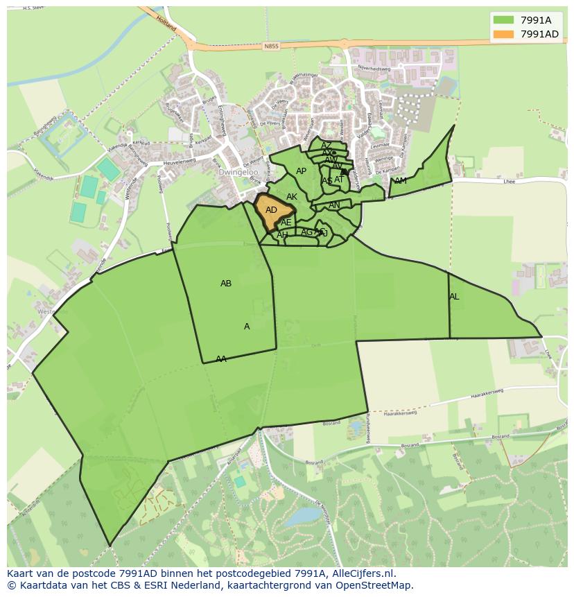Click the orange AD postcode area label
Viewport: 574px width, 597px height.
point(271,210)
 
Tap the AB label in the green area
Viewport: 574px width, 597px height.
point(226,284)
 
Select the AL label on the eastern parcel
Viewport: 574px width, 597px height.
point(454,297)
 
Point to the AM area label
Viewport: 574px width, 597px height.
point(401,182)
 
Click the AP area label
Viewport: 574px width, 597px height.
point(301,171)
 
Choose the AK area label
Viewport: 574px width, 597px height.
point(292,198)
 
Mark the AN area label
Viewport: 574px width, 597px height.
point(334,205)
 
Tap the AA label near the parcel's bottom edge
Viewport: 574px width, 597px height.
point(221,359)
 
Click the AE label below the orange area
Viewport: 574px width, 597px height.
point(286,223)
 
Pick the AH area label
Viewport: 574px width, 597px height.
point(282,235)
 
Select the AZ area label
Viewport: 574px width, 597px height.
point(326,146)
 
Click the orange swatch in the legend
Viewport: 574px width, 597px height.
point(504,35)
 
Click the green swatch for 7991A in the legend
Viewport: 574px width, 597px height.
point(504,21)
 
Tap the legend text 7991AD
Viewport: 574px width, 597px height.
point(539,35)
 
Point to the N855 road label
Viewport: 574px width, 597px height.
point(271,47)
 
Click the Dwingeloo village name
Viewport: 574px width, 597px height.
point(238,172)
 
